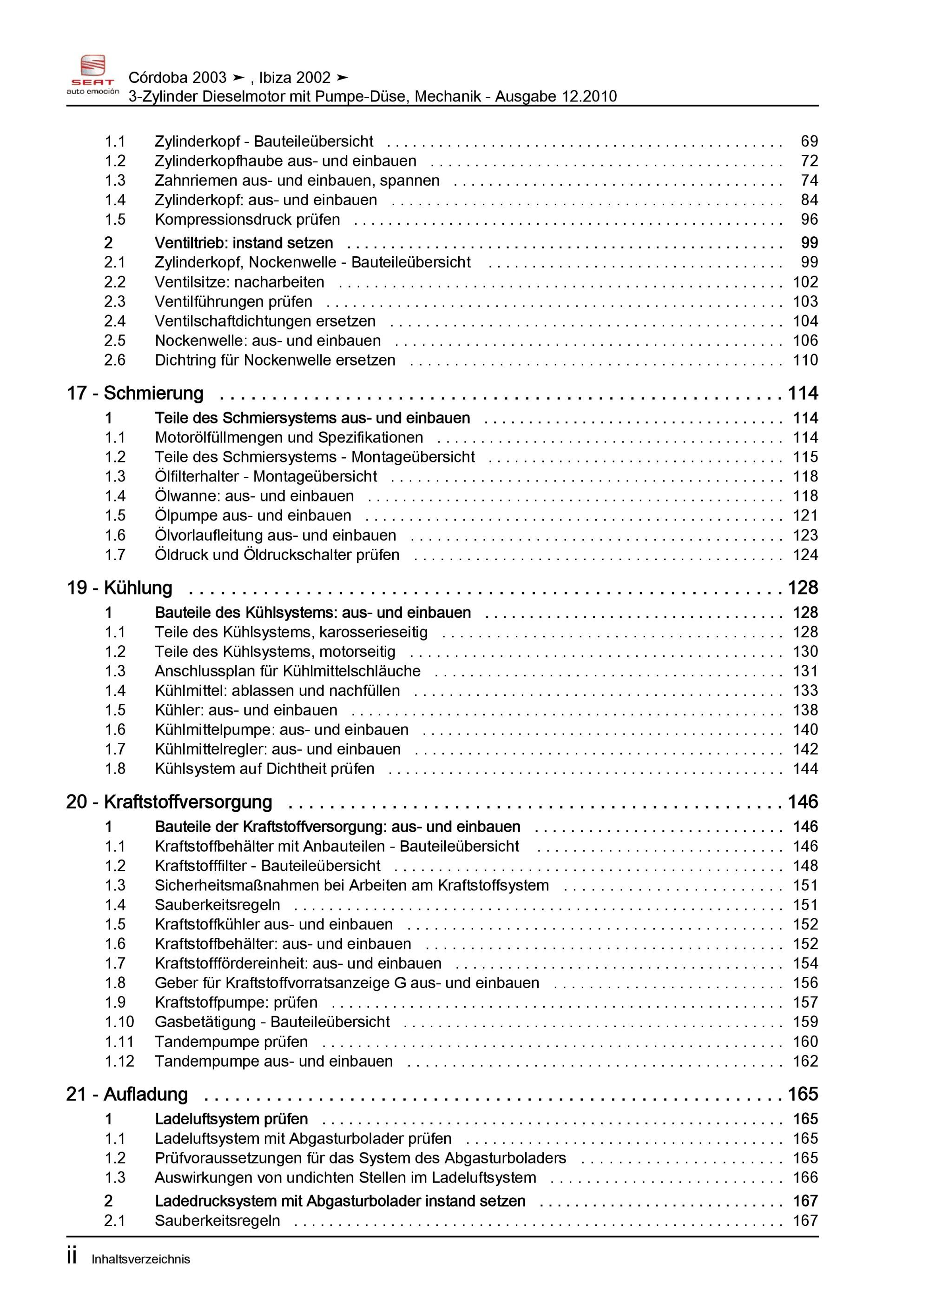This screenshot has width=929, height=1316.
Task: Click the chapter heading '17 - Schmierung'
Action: tap(135, 393)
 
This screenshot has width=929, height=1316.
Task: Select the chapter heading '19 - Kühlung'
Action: tap(120, 588)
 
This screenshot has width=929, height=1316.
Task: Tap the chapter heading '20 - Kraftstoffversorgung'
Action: tap(169, 802)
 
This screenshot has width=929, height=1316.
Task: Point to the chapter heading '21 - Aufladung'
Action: tap(127, 1094)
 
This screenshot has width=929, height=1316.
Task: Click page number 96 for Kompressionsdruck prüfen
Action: tap(809, 220)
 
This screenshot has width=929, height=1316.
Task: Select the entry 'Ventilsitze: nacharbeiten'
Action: tap(239, 282)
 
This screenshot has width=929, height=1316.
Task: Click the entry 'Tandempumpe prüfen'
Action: tap(231, 1042)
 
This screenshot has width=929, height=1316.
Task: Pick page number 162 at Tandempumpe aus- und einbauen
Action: tap(805, 1061)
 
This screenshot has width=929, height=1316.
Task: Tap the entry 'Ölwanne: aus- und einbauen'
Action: tap(254, 496)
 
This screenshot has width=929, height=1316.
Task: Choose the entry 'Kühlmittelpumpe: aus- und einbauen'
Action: tap(282, 730)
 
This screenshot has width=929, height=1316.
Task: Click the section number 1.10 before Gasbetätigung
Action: tap(119, 1022)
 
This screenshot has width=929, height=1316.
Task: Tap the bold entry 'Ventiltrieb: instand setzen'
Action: tap(244, 243)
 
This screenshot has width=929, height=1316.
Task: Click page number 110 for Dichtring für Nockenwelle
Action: tap(805, 360)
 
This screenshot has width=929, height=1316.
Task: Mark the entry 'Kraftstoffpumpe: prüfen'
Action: tap(236, 1002)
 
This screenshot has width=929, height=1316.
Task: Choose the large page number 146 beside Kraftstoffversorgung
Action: tap(803, 802)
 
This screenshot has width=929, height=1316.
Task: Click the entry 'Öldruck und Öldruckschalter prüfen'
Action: tap(277, 555)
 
